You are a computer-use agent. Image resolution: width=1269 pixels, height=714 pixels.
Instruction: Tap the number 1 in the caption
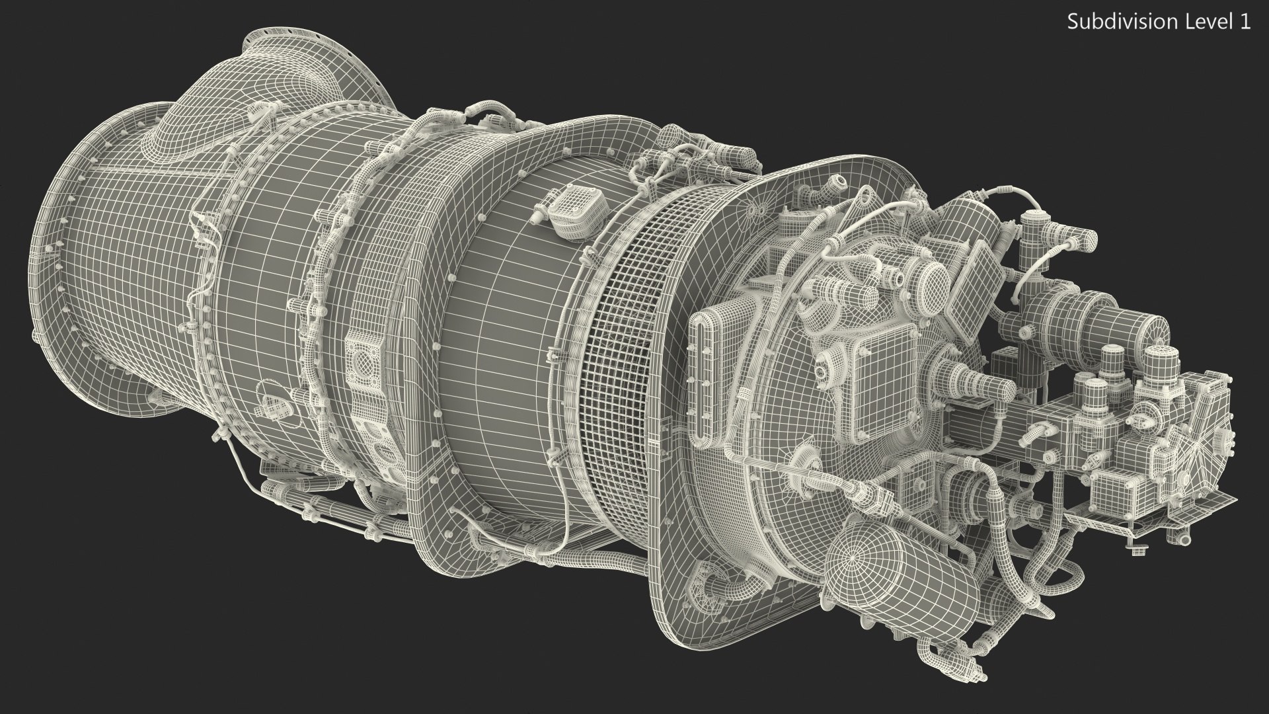(x=1245, y=22)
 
